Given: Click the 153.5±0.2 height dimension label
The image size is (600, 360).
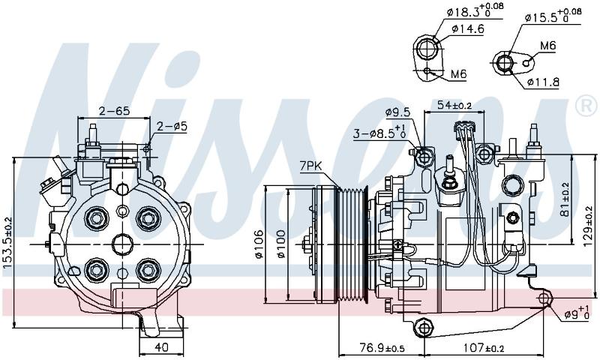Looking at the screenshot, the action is [7, 247].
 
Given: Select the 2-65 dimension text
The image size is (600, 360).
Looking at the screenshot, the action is [115, 111].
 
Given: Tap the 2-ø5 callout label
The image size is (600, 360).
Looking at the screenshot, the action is [172, 126].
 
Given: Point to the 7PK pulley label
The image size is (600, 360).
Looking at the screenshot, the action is [310, 166].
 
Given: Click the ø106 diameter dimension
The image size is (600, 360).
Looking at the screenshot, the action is [259, 244].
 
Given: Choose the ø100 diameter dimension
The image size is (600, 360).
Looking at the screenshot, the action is [281, 244].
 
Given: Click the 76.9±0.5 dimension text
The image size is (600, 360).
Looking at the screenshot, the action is [382, 348].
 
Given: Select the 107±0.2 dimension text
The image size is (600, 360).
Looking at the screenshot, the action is [484, 348].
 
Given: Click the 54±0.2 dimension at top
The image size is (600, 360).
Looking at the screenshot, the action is [454, 104].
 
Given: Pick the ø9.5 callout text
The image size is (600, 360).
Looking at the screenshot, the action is [397, 112].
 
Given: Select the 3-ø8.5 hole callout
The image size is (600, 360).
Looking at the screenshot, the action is [379, 132].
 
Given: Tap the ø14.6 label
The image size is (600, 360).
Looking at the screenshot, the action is [467, 28].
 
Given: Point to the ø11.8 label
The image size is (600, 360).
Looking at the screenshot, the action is [543, 82].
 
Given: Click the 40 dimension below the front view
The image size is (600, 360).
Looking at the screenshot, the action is [161, 347].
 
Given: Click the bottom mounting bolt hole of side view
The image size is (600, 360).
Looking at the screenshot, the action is [423, 328].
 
